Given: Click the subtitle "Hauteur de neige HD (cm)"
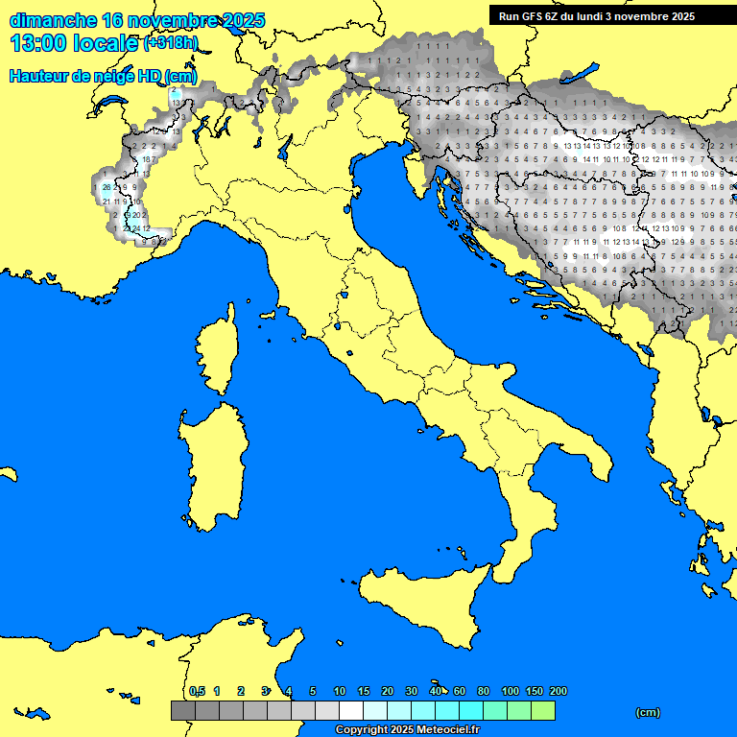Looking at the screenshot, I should click(103, 77).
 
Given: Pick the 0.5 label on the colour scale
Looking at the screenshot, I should click(197, 691).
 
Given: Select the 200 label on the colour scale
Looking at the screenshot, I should click(558, 691).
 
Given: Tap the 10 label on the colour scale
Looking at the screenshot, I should click(339, 691).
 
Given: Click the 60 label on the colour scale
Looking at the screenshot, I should click(460, 691).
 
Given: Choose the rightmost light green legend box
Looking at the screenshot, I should click(543, 710).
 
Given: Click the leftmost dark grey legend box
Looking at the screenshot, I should click(182, 710).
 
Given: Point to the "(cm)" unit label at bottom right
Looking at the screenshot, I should click(648, 712).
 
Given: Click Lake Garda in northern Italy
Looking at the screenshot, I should click(285, 147).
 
